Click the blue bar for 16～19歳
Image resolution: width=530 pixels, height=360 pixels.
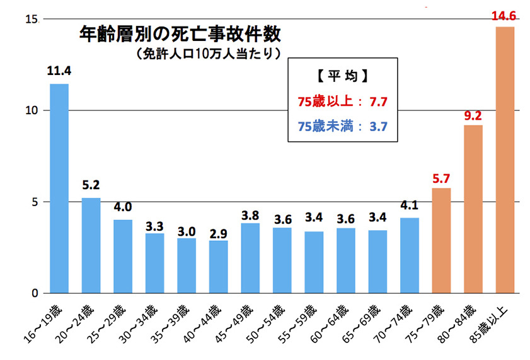(59, 189)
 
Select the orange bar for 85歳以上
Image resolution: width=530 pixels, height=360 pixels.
(505, 160)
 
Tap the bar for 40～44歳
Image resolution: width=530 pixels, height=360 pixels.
(218, 267)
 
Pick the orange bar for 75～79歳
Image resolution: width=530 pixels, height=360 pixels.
(441, 241)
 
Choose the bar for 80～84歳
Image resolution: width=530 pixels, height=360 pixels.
(473, 209)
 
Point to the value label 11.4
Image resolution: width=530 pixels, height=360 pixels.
(59, 71)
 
